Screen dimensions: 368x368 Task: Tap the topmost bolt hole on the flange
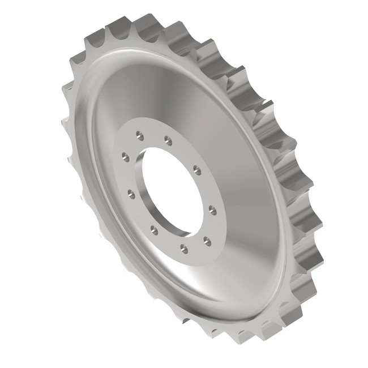pyautogui.click(x=139, y=135)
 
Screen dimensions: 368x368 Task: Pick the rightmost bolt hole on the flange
pyautogui.click(x=212, y=211)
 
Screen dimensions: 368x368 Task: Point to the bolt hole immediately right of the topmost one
pyautogui.click(x=168, y=140)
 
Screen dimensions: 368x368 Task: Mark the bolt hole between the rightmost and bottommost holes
pyautogui.click(x=207, y=241)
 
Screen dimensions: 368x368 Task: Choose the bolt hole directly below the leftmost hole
pyautogui.click(x=131, y=194)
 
